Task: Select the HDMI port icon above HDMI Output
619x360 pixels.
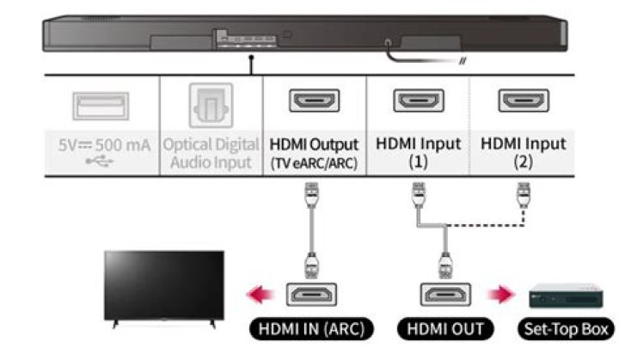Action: pos(314,101)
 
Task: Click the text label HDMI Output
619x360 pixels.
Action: pos(314,143)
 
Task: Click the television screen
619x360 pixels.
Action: pos(162,284)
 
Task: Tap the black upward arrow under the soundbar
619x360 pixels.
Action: pos(250,63)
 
